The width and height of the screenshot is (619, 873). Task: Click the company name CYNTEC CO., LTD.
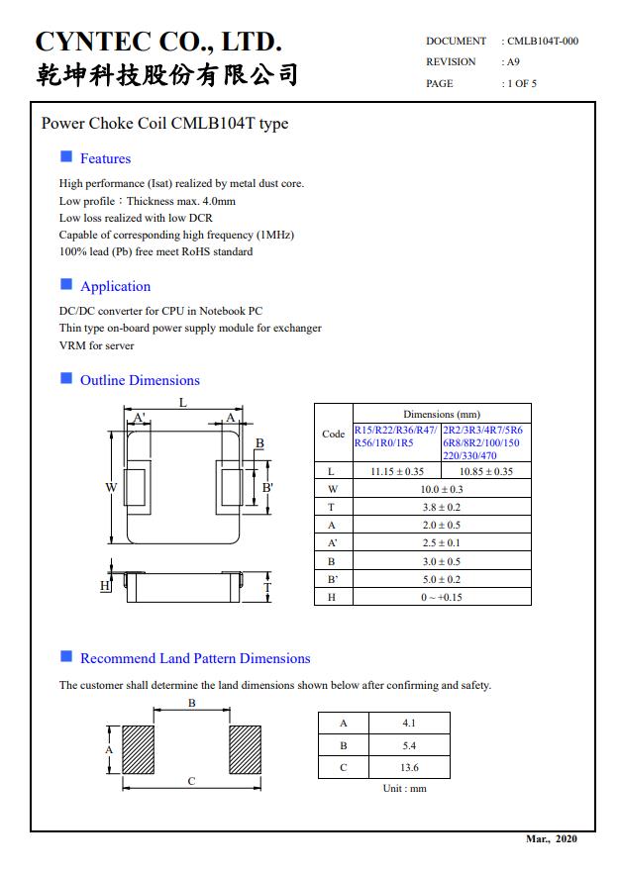click(x=158, y=42)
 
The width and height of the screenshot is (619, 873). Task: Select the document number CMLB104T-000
click(x=543, y=41)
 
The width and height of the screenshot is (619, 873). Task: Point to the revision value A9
click(x=513, y=61)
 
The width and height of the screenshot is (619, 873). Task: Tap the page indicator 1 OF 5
click(x=522, y=83)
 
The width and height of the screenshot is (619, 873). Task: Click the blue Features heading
click(x=105, y=158)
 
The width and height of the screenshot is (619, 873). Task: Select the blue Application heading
click(x=115, y=286)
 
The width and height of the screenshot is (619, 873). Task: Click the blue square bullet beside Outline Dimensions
click(x=66, y=378)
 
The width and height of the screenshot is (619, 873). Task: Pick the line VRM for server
click(x=96, y=345)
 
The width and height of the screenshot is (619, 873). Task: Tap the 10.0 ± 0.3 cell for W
click(x=442, y=489)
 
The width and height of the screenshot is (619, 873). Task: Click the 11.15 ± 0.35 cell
click(x=396, y=471)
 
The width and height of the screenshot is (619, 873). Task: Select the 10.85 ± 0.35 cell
click(x=485, y=471)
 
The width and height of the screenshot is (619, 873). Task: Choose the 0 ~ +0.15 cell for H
click(x=442, y=597)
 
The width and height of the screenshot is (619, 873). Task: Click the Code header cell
click(x=334, y=434)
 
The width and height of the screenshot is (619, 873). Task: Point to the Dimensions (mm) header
click(x=442, y=414)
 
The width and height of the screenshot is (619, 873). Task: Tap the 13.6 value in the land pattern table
click(x=409, y=767)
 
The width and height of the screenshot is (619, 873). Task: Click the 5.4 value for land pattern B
click(x=409, y=745)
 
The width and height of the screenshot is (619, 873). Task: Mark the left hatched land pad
click(x=138, y=750)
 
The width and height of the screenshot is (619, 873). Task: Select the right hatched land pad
click(x=246, y=750)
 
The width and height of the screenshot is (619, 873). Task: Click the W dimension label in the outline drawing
click(x=112, y=487)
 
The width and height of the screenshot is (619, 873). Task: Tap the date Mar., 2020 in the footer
click(x=551, y=839)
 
